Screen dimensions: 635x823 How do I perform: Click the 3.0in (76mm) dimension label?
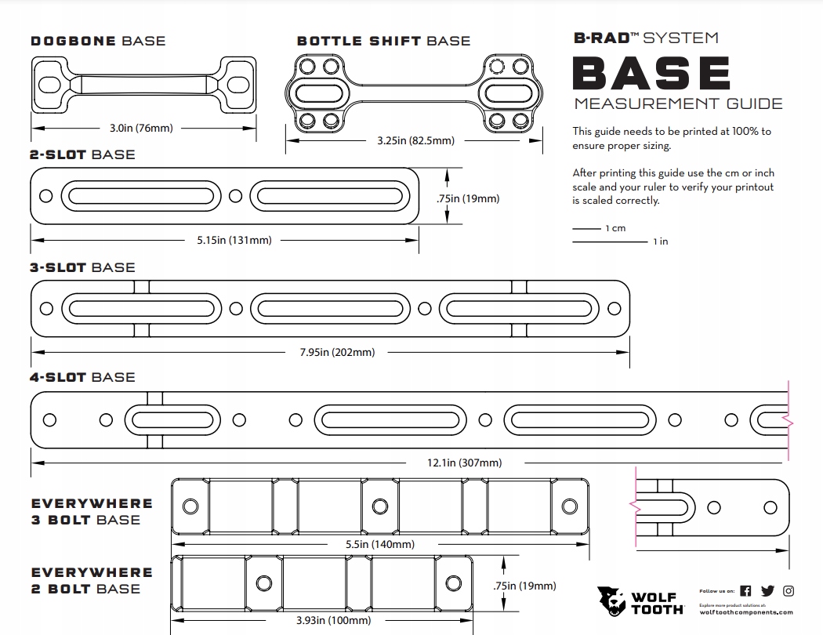(x=141, y=128)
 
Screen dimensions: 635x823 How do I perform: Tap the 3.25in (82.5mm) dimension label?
(x=415, y=141)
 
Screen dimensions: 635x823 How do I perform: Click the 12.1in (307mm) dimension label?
(x=464, y=463)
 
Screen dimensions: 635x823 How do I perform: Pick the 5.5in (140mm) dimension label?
(x=380, y=544)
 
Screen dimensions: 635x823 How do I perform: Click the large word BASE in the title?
(x=651, y=73)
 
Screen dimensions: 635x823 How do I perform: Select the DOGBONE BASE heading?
(x=98, y=41)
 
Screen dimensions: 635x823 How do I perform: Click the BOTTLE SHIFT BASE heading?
(x=383, y=41)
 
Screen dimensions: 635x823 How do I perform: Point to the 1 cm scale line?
(x=586, y=228)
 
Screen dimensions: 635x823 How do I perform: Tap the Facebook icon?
(x=745, y=591)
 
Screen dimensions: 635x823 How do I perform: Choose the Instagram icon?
(x=789, y=591)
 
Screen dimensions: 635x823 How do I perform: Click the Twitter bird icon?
(x=767, y=591)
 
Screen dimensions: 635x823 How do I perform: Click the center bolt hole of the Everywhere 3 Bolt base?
(x=380, y=505)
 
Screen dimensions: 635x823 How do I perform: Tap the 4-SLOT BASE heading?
(x=82, y=377)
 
